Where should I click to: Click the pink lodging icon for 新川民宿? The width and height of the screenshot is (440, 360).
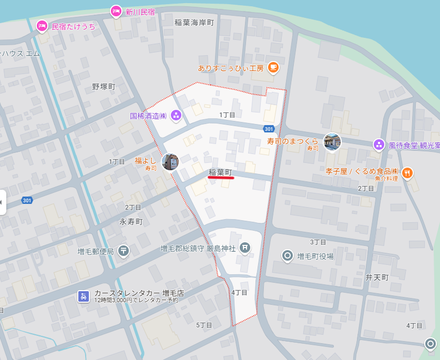tap(116, 11)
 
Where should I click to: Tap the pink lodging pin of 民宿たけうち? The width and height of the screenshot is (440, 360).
tap(42, 26)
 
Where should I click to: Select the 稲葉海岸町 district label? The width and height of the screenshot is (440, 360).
tap(195, 23)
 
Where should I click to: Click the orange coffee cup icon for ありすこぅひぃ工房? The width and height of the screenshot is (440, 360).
tap(273, 67)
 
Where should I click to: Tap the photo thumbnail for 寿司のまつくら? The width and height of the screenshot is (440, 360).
tap(332, 141)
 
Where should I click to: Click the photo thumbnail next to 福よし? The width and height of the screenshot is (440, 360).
tap(170, 162)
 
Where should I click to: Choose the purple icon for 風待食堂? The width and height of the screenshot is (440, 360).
tap(378, 144)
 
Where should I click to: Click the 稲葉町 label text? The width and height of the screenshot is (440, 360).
tap(220, 172)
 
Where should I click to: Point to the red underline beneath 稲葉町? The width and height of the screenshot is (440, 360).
tap(220, 178)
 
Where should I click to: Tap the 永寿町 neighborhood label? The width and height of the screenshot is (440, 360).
tap(131, 222)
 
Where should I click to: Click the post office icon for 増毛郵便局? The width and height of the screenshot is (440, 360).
tap(123, 251)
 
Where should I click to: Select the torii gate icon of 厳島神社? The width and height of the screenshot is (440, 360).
tap(244, 248)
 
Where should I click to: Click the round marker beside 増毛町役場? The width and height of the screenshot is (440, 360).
tap(287, 256)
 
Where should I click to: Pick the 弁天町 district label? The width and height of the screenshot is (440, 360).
tap(377, 277)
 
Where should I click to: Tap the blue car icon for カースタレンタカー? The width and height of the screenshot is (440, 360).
tap(83, 296)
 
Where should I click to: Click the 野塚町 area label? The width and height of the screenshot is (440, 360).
tap(104, 86)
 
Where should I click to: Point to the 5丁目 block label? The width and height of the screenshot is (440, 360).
tap(204, 325)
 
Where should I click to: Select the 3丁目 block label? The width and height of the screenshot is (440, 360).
tap(318, 242)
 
